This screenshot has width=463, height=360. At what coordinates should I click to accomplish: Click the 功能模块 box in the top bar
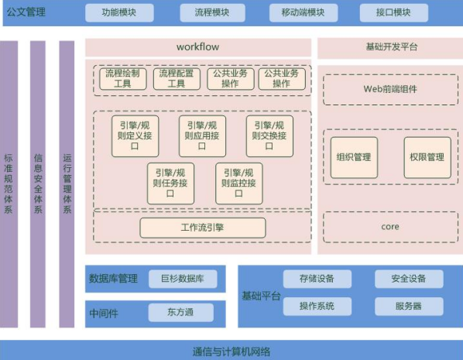pos(119,12)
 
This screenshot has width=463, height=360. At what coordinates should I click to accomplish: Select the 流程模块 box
pos(212,12)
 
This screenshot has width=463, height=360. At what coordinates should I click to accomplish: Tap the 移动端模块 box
pos(304,12)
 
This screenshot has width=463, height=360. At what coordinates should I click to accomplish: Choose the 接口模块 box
pos(393,12)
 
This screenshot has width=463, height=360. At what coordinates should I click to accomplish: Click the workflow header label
pos(198,46)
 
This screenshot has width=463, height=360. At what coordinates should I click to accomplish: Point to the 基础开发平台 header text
pos(392,46)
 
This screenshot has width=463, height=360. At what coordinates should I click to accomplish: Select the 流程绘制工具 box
pos(123,78)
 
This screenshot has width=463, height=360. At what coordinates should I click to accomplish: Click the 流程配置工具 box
pos(177,78)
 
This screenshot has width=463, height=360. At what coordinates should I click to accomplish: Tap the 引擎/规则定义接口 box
pos(135,135)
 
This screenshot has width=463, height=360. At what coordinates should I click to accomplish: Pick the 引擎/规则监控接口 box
pos(239,183)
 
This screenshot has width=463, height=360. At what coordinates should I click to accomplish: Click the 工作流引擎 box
pos(203,228)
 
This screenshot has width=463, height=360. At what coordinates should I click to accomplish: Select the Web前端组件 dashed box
pos(391,90)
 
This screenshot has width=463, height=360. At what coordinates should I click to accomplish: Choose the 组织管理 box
pos(354,157)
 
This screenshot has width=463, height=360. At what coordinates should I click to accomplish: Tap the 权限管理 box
pos(427,157)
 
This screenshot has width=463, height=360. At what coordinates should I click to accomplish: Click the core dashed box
pos(391,227)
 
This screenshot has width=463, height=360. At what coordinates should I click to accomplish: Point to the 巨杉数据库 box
pos(183,279)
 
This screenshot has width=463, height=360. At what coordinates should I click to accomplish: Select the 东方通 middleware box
pos(180,313)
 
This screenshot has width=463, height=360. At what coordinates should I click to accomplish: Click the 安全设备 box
pos(409,279)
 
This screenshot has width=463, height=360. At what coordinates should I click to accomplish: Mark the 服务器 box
pos(409,307)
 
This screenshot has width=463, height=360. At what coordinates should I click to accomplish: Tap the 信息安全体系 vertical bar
pos(38,184)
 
